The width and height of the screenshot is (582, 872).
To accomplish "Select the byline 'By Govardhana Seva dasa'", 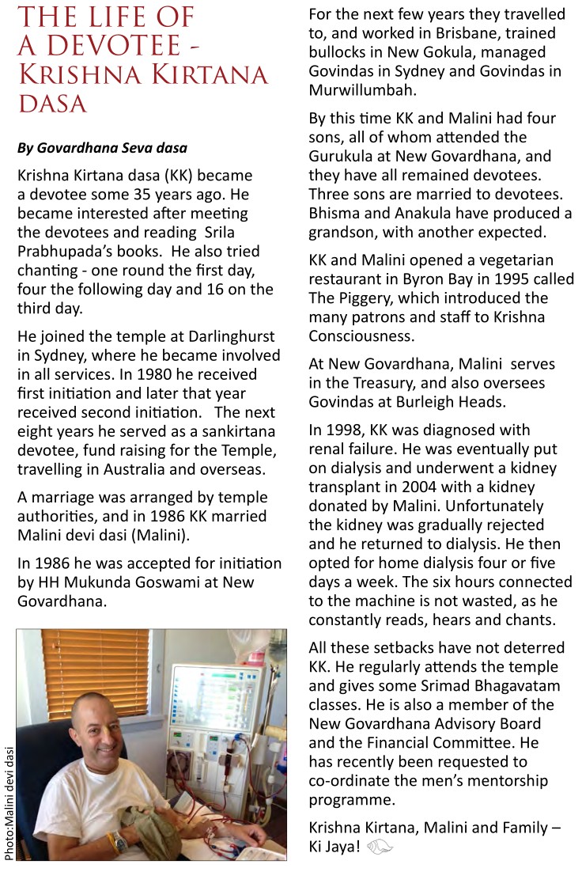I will (102, 148).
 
